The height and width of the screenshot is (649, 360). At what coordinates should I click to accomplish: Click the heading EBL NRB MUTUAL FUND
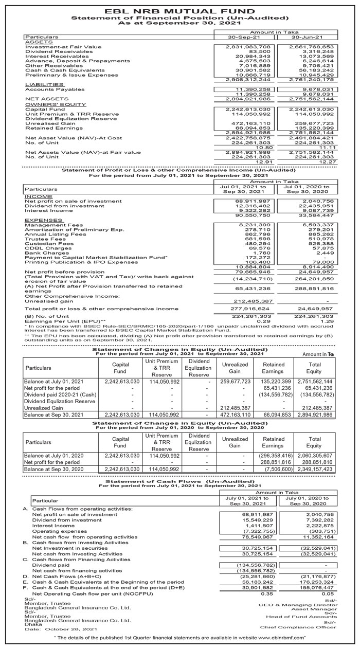179,10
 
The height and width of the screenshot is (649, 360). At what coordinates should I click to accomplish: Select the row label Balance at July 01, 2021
53,382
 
